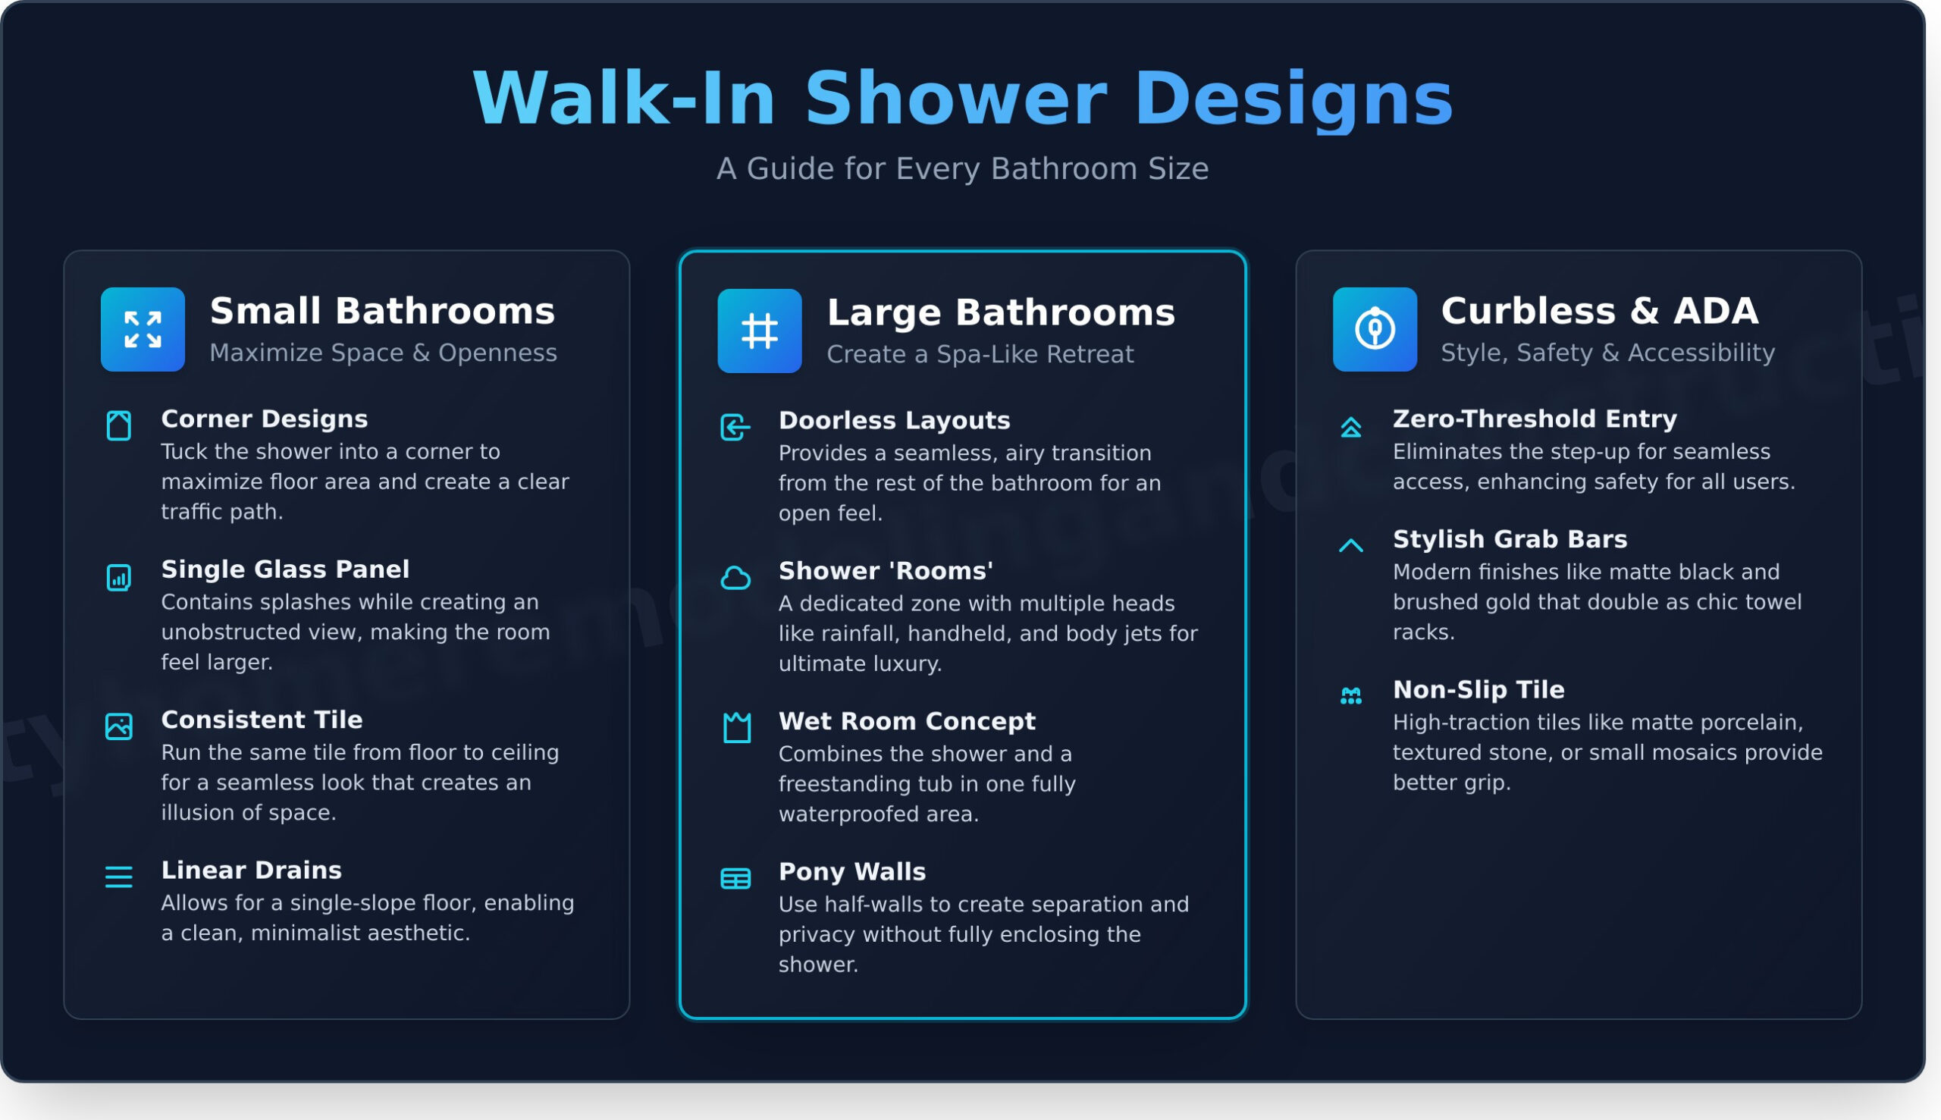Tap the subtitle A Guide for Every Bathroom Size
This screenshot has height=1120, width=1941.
tap(962, 169)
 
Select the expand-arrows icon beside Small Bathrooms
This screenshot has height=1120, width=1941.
tap(143, 330)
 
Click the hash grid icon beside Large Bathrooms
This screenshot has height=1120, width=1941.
tap(759, 331)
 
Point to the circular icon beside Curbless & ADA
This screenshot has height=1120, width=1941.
tap(1374, 330)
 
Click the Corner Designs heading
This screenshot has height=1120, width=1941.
tap(264, 419)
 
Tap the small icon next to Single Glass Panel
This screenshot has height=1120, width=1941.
tap(118, 578)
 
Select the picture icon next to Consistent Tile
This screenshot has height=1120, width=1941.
tap(118, 726)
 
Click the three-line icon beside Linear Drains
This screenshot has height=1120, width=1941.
tap(118, 876)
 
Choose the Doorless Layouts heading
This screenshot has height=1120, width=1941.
tap(894, 421)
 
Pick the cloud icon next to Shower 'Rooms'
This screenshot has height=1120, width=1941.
tap(735, 578)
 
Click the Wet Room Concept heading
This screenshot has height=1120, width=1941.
tap(907, 722)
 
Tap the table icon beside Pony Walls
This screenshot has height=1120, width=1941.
tap(735, 878)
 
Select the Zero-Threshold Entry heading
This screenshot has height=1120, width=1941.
tap(1534, 419)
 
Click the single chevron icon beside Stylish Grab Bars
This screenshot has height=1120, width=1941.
tap(1350, 545)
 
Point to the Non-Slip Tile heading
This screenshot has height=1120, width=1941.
tap(1478, 690)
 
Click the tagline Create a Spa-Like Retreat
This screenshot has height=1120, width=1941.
tap(980, 355)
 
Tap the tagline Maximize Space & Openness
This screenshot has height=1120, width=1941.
tap(383, 353)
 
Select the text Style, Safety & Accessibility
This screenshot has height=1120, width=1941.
tap(1607, 353)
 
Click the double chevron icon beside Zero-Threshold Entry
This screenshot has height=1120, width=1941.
tap(1350, 427)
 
